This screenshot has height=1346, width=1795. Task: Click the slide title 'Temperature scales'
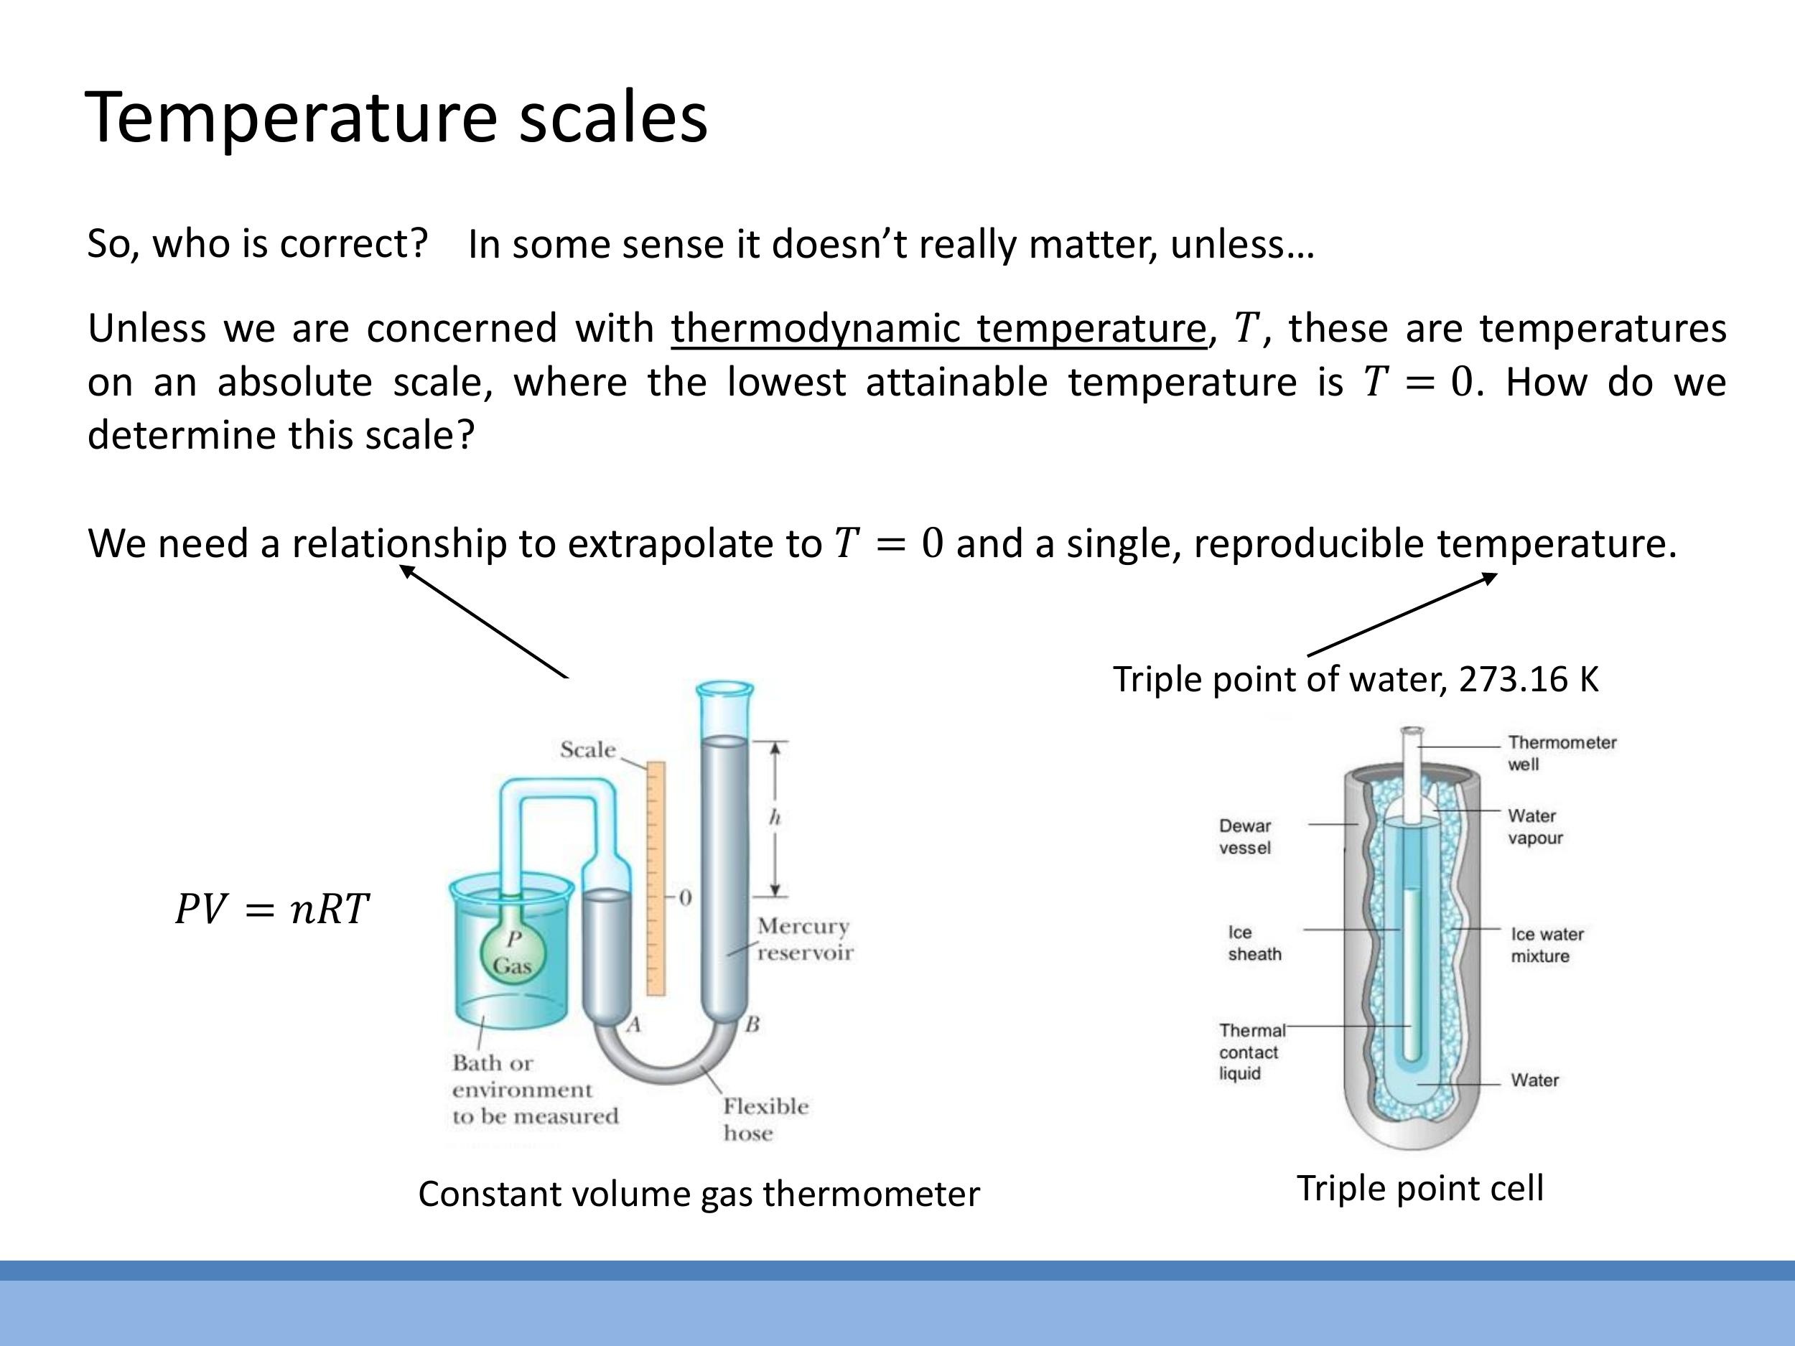[x=396, y=118]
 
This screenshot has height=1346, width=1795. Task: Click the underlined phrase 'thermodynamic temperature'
[x=938, y=329]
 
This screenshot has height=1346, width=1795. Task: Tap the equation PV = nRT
[x=273, y=909]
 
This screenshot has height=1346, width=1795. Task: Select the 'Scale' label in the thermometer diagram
[x=587, y=749]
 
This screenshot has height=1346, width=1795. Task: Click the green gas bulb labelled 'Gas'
[x=512, y=957]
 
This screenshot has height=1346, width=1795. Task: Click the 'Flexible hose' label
[x=765, y=1120]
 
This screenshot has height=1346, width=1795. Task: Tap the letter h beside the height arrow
[x=774, y=818]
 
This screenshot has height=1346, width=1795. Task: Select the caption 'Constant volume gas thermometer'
[x=699, y=1195]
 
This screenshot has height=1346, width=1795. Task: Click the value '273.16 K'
[x=1528, y=679]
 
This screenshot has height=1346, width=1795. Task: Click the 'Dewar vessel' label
[x=1245, y=836]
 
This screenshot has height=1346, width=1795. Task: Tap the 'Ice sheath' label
[x=1254, y=943]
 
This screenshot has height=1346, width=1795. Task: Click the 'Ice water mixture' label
[x=1546, y=945]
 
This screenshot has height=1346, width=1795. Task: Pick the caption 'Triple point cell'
[x=1420, y=1189]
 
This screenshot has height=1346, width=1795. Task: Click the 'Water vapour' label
[x=1534, y=827]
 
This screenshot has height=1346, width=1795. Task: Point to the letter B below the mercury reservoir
[x=752, y=1024]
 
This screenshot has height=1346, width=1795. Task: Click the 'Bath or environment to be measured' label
[x=535, y=1090]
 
